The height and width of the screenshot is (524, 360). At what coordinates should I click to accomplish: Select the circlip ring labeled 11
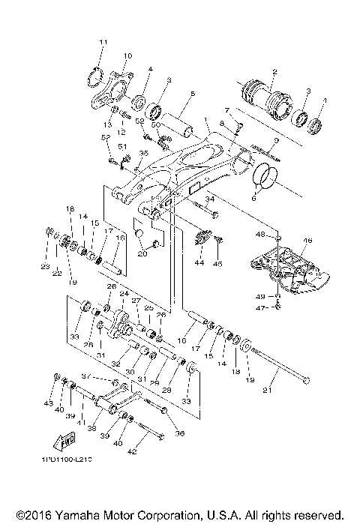pos(95,76)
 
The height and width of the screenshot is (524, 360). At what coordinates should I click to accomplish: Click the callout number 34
pos(211,199)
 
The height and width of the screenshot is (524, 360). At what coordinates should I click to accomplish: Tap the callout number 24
pos(124,294)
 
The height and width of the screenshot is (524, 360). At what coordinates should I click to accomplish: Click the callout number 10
pos(127,56)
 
